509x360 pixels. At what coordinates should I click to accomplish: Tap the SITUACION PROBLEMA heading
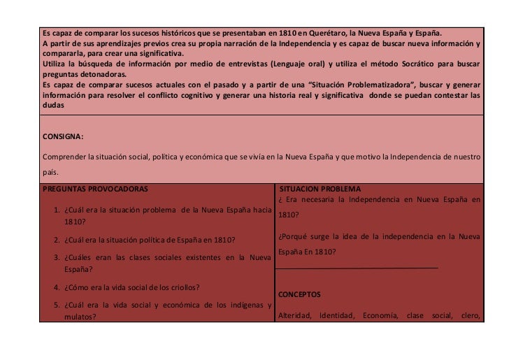tap(320, 189)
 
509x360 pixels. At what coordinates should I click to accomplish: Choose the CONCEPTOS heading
tap(299, 295)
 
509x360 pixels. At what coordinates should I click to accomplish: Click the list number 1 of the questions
tap(56, 210)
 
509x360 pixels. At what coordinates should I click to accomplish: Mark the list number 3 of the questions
tap(56, 258)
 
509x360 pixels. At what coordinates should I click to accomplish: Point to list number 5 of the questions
tap(56, 305)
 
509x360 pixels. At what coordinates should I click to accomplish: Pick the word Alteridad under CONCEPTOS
tap(294, 315)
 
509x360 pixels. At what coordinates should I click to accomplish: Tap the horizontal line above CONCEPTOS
tap(358, 268)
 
